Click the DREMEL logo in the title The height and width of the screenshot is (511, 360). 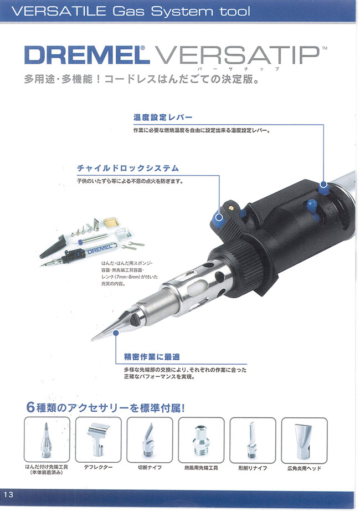click(x=87, y=55)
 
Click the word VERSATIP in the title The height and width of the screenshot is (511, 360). click(x=238, y=55)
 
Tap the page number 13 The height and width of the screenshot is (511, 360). click(x=9, y=494)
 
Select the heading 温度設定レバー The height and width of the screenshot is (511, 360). click(x=163, y=117)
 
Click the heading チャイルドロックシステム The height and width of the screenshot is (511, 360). click(x=128, y=168)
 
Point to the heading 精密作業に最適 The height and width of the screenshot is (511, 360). click(x=152, y=356)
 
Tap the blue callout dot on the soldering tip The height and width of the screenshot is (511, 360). click(x=116, y=333)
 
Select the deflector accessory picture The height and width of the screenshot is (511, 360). click(x=98, y=440)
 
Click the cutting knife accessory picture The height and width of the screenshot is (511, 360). click(x=150, y=440)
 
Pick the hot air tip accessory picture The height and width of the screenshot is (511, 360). click(x=201, y=440)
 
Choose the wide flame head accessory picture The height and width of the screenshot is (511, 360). click(x=304, y=440)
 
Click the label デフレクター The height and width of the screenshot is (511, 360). click(x=98, y=467)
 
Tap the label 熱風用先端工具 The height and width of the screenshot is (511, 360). click(x=201, y=468)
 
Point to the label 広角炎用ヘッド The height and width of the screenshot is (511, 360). click(x=304, y=468)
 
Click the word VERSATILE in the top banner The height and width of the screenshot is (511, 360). click(x=59, y=12)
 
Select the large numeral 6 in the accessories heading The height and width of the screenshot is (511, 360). click(x=30, y=407)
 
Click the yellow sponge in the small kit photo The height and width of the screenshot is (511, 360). click(x=111, y=222)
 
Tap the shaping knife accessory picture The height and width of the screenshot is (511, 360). click(x=253, y=440)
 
